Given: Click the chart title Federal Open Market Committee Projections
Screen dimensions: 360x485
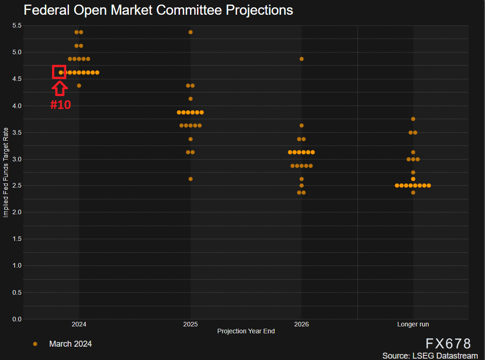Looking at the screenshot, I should tap(158, 10).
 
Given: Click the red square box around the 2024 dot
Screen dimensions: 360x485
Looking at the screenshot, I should tap(59, 72).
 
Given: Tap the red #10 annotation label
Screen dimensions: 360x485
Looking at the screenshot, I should tap(60, 105).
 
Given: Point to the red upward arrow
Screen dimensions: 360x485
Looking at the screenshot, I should tap(60, 87).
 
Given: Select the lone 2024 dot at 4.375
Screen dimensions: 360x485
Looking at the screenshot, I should tap(79, 86).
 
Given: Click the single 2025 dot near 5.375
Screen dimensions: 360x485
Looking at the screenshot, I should tap(191, 32).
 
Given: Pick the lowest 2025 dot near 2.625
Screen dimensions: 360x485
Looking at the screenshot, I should tap(191, 179).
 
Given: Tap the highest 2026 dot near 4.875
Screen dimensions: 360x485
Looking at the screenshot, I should tap(301, 59).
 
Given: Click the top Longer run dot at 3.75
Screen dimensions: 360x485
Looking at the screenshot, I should tap(413, 119).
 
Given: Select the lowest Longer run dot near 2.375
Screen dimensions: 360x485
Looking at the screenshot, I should tap(413, 193).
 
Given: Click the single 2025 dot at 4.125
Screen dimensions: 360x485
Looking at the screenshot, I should tap(191, 99).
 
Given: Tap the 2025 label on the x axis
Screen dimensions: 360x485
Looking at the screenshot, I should tap(190, 325).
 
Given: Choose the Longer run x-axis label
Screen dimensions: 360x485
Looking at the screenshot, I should tap(413, 325).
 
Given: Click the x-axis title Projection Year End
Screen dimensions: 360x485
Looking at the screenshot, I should tap(246, 331).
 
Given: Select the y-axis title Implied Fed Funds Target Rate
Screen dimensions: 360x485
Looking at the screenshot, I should tap(6, 172).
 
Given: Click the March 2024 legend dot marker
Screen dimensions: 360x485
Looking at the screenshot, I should tap(35, 344).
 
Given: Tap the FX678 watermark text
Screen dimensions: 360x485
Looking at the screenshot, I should tap(448, 344).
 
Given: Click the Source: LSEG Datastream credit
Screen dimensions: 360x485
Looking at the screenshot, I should tap(430, 355).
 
